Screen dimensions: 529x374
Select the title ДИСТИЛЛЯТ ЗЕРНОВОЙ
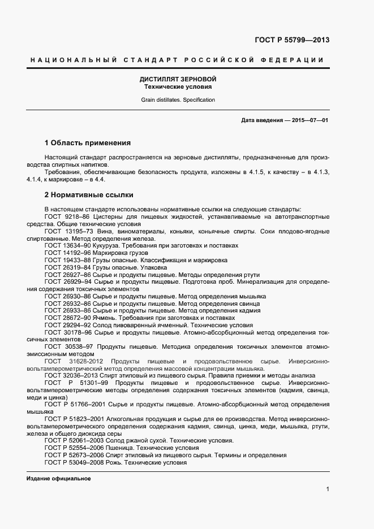click(178, 80)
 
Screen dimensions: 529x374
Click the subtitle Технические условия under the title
click(178, 88)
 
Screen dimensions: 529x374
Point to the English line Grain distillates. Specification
click(178, 100)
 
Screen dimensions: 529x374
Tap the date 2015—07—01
click(310, 120)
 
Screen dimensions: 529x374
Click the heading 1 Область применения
click(88, 143)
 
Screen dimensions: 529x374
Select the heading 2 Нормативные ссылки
click(89, 195)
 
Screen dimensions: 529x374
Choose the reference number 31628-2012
click(87, 361)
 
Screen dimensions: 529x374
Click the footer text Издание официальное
click(59, 479)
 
